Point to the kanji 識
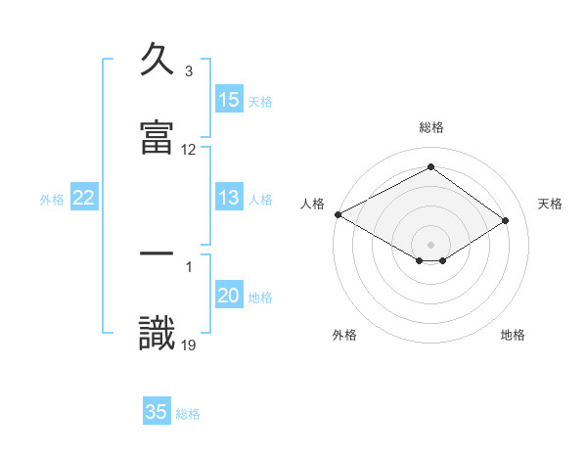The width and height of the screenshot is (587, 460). click(157, 332)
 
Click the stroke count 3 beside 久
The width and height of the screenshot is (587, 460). click(189, 72)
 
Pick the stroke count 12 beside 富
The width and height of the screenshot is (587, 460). click(189, 150)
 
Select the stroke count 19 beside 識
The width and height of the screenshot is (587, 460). click(189, 345)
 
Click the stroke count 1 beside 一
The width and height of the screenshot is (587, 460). click(189, 266)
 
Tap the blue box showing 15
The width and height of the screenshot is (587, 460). click(229, 100)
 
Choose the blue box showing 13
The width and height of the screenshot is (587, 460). click(229, 198)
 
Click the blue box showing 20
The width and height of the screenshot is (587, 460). click(229, 297)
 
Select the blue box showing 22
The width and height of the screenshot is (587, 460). click(84, 198)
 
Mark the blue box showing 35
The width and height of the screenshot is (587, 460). click(157, 412)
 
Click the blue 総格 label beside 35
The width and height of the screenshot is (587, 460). click(188, 414)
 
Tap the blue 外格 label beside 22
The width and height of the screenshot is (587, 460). click(52, 200)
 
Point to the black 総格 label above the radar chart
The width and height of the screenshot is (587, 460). click(430, 127)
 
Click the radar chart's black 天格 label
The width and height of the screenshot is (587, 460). click(550, 204)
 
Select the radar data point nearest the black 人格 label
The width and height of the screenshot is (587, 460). click(338, 214)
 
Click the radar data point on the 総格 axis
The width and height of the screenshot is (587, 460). click(430, 166)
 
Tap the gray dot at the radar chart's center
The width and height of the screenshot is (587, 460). click(430, 244)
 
